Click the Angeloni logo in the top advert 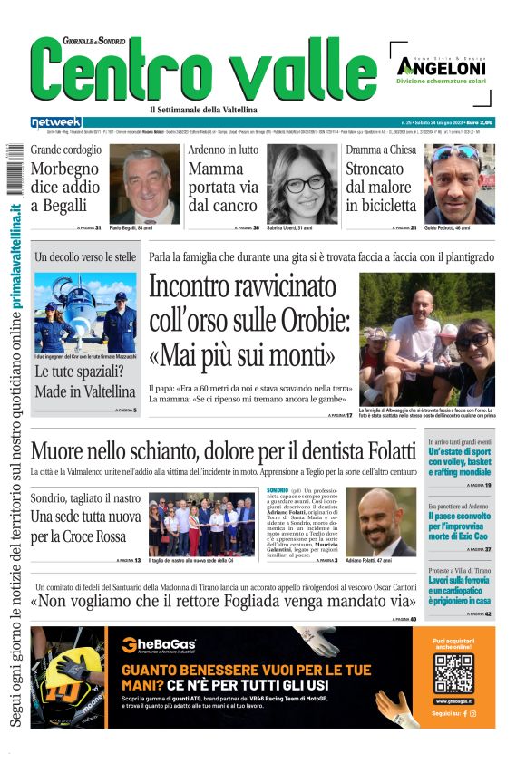(441, 66)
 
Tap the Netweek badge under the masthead (55, 122)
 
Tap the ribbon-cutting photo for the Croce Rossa (202, 523)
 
